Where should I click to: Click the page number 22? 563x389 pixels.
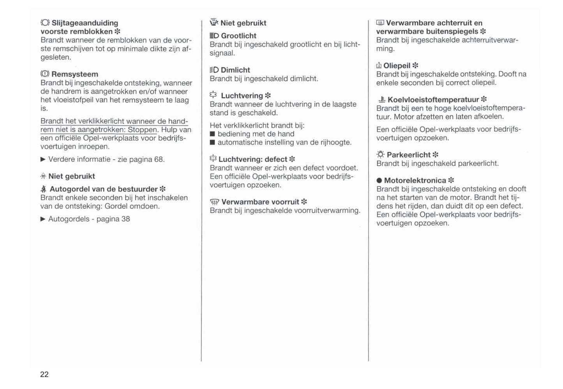(x=44, y=375)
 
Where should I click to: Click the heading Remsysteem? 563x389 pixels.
(x=75, y=74)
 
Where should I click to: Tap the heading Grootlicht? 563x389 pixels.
(x=238, y=36)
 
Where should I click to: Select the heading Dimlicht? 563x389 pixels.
(x=235, y=70)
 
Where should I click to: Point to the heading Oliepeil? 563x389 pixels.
(x=397, y=65)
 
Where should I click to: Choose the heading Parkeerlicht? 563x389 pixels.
(x=408, y=155)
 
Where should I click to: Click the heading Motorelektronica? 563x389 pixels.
(x=415, y=180)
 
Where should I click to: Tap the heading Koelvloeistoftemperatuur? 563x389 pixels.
(x=433, y=99)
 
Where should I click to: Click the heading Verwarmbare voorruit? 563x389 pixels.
(x=260, y=202)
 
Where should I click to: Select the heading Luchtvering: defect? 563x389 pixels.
(x=253, y=159)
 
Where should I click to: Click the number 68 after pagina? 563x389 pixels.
(x=159, y=159)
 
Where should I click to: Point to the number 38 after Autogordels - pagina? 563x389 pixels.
(x=125, y=219)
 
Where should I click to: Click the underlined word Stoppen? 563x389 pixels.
(x=142, y=130)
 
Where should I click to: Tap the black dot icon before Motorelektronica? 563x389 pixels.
(x=379, y=180)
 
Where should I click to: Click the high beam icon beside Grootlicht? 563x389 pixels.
(x=214, y=36)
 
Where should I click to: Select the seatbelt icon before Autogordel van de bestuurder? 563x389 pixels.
(x=44, y=189)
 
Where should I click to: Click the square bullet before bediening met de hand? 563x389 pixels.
(x=212, y=134)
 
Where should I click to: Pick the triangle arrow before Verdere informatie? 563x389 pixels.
(x=43, y=159)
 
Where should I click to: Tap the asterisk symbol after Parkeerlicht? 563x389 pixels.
(x=436, y=155)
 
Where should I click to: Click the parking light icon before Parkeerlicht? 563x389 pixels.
(x=380, y=155)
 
